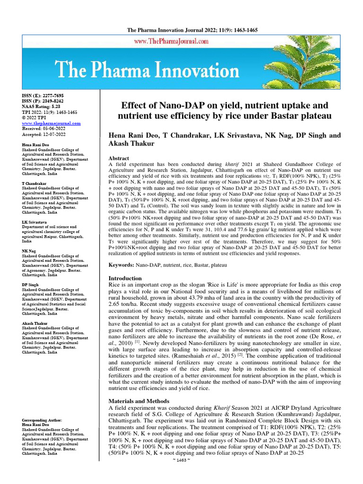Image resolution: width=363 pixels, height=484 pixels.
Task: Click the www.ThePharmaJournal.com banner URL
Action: coord(181,42)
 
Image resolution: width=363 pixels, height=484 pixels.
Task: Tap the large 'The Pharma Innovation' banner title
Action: coord(148,70)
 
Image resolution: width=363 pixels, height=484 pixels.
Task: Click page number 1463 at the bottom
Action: coord(182,473)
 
